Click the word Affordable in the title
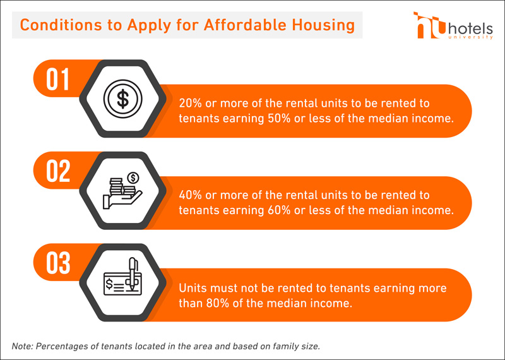tap(245, 25)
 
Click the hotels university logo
tap(453, 25)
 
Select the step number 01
tap(57, 79)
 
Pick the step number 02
tap(58, 171)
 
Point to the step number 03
tap(58, 263)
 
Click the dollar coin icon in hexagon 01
tap(122, 99)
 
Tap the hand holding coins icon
tap(122, 191)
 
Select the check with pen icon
tap(122, 277)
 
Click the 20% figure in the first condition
tap(190, 103)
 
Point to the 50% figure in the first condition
tap(279, 118)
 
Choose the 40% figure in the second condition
tap(190, 195)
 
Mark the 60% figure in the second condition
tap(279, 210)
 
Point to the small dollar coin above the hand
tap(133, 177)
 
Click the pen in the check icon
tap(133, 273)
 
